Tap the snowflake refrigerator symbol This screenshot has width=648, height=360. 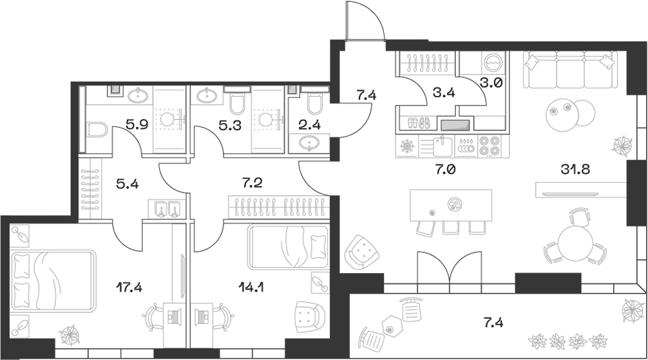(x=407, y=146)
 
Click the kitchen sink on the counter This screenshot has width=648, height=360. (x=443, y=146)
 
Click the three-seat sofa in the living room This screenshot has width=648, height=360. (x=567, y=71)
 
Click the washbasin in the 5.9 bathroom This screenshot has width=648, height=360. (x=138, y=97)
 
